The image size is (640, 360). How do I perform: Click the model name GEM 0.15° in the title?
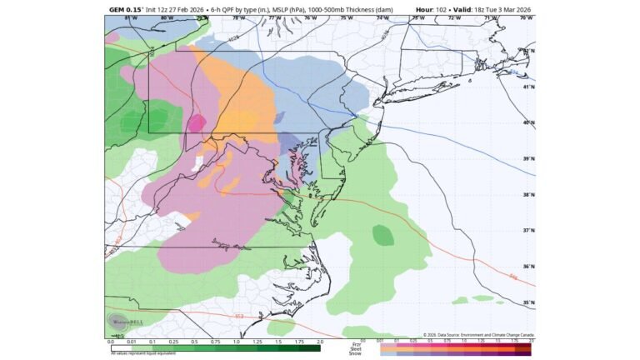click(x=126, y=10)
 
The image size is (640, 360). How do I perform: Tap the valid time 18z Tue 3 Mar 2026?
click(x=500, y=10)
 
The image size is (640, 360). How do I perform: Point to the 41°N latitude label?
click(x=527, y=87)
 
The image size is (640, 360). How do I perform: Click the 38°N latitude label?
click(x=527, y=195)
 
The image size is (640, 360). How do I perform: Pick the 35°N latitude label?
click(x=527, y=302)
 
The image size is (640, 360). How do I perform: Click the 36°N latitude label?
click(x=527, y=267)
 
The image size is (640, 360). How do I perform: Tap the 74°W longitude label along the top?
click(x=382, y=17)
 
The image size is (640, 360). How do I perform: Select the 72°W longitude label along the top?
click(x=454, y=17)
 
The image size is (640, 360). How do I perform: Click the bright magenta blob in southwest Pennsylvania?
click(x=196, y=123)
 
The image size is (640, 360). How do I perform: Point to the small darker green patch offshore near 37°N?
click(x=382, y=236)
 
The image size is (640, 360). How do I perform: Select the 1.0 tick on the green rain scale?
click(x=236, y=342)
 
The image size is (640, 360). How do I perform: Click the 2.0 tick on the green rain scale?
click(x=319, y=342)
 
